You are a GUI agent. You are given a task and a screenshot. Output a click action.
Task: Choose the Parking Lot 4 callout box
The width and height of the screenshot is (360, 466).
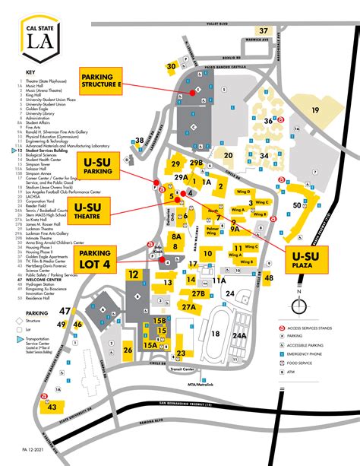(x=96, y=259)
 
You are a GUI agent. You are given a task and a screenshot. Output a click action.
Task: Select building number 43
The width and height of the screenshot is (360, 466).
(x=51, y=407)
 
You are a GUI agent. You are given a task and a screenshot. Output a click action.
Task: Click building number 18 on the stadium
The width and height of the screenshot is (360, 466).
(x=215, y=333)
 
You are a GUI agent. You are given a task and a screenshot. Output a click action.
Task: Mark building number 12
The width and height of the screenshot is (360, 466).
(x=134, y=275)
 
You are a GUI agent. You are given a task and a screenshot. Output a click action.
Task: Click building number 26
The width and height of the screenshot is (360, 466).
(x=128, y=350)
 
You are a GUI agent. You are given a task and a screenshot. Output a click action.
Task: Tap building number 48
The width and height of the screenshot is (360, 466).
(x=269, y=278)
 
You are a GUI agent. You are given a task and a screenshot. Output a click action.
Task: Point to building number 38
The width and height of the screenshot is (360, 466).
(x=140, y=141)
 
